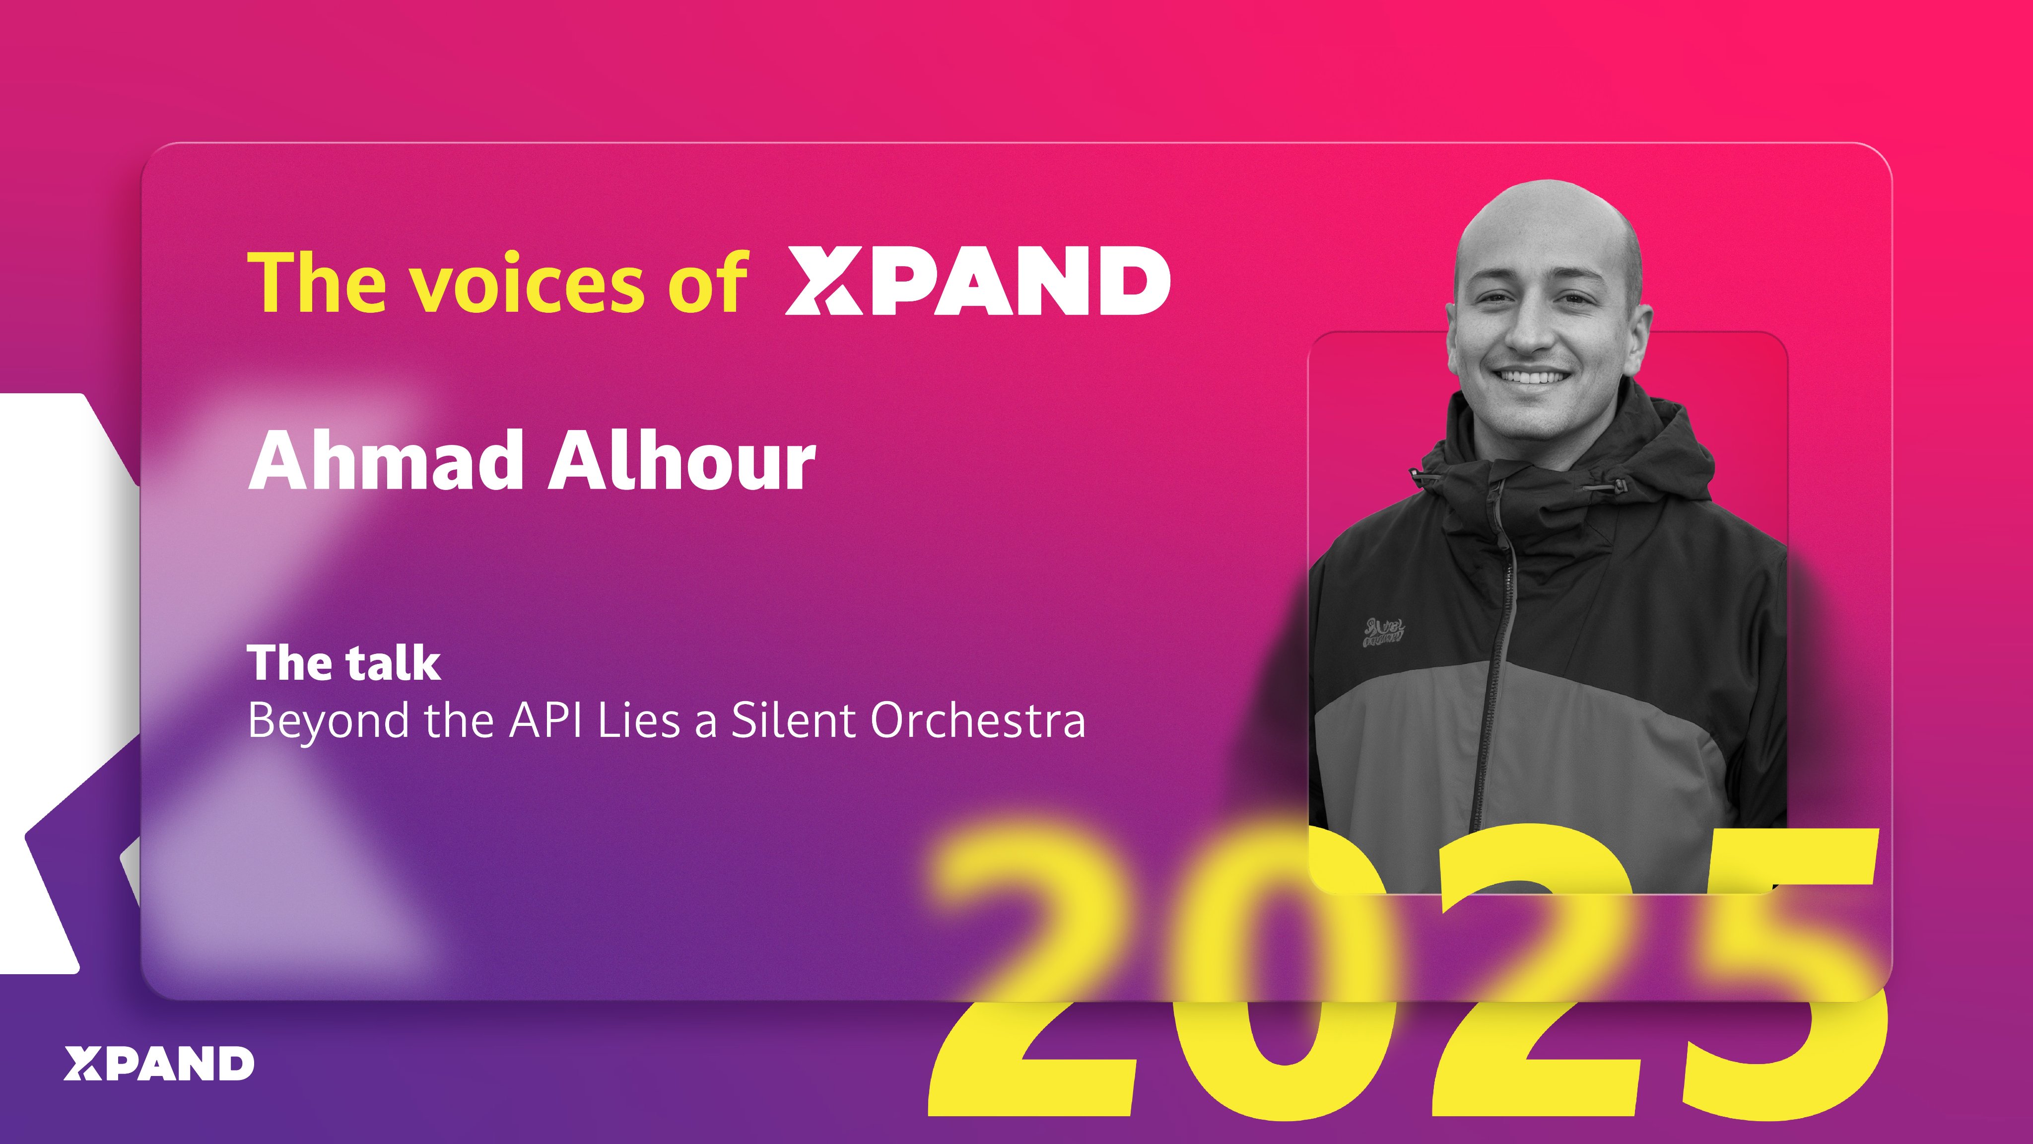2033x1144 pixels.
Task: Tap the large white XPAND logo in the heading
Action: coord(977,280)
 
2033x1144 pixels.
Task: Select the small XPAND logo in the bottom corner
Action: coord(159,1064)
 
